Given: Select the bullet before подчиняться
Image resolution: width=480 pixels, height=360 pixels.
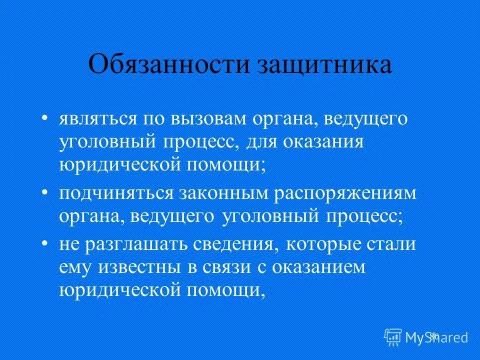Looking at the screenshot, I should coord(45,193).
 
